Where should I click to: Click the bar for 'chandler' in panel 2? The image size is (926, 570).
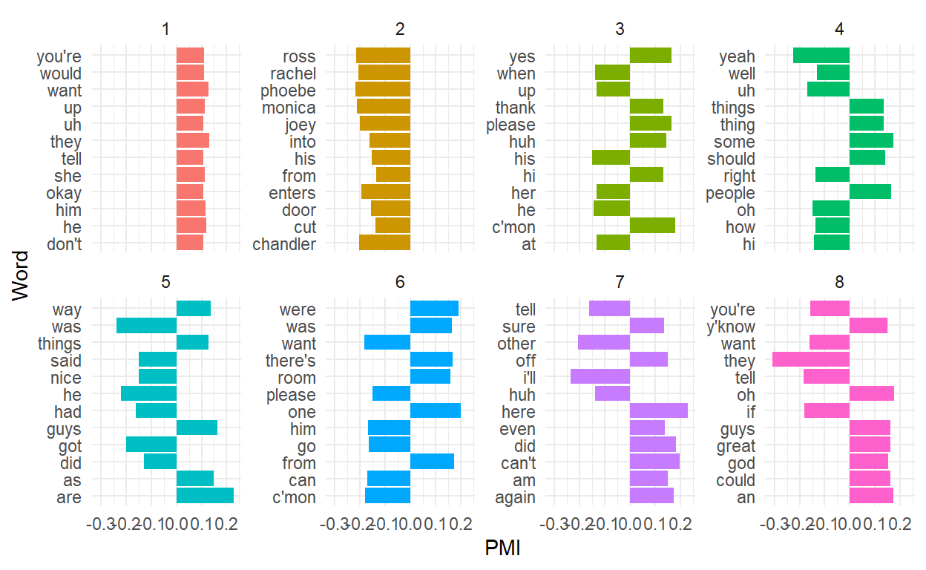click(384, 243)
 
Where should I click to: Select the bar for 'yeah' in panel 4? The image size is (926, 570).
click(821, 56)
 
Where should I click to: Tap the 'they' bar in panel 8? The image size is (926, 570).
click(811, 360)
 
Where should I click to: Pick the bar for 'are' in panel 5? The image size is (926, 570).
click(205, 497)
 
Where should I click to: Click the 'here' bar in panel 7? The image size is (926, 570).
click(659, 411)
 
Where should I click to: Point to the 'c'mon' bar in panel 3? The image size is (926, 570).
click(652, 226)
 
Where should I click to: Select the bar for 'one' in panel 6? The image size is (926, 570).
click(436, 411)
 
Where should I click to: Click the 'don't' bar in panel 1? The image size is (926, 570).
click(190, 243)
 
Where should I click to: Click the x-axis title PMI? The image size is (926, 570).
click(503, 548)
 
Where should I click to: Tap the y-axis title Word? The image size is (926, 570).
click(22, 276)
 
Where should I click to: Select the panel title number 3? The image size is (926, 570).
click(620, 30)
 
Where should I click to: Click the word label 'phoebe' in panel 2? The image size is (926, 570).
click(288, 91)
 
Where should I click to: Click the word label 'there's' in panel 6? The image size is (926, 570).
click(291, 361)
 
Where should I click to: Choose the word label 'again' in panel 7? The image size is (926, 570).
click(515, 497)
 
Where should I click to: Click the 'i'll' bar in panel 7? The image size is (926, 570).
click(600, 377)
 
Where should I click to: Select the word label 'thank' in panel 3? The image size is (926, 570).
click(516, 108)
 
